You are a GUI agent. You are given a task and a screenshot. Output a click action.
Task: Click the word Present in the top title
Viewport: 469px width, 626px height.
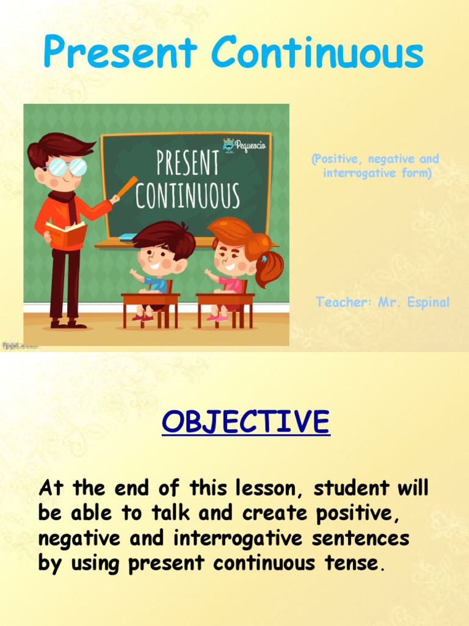tap(120, 53)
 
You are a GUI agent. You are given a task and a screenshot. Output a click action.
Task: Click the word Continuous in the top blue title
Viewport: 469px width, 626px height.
tap(318, 53)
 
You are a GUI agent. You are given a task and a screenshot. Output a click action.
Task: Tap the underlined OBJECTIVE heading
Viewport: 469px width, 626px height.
tap(245, 422)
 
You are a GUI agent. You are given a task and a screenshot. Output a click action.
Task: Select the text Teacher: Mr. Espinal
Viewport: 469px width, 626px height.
tap(383, 302)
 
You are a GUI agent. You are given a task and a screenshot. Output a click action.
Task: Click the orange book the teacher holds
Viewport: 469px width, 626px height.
tap(66, 234)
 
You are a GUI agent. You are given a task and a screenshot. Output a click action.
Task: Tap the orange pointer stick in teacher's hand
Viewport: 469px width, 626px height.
tap(127, 186)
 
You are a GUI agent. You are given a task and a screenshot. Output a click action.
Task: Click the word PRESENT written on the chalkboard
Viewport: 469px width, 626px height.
tap(187, 164)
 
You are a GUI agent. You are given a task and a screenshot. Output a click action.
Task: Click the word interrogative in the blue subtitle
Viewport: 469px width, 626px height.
tap(354, 173)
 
